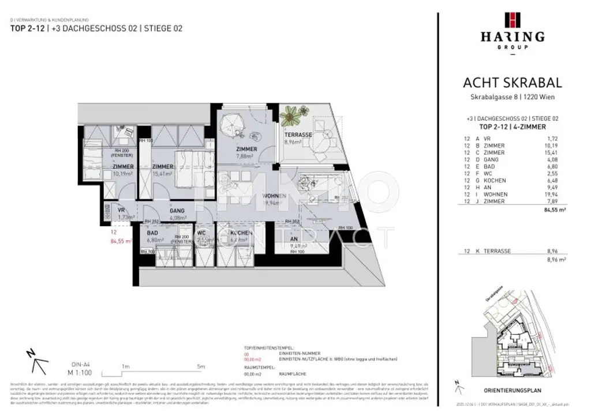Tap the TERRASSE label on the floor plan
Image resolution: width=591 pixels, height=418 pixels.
coord(298,135)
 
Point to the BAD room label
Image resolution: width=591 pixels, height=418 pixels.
coord(153,233)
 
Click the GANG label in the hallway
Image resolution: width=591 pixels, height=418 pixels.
coord(177,211)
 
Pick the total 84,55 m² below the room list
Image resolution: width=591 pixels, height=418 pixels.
coord(549,211)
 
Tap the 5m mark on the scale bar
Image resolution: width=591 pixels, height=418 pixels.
coord(201,366)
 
